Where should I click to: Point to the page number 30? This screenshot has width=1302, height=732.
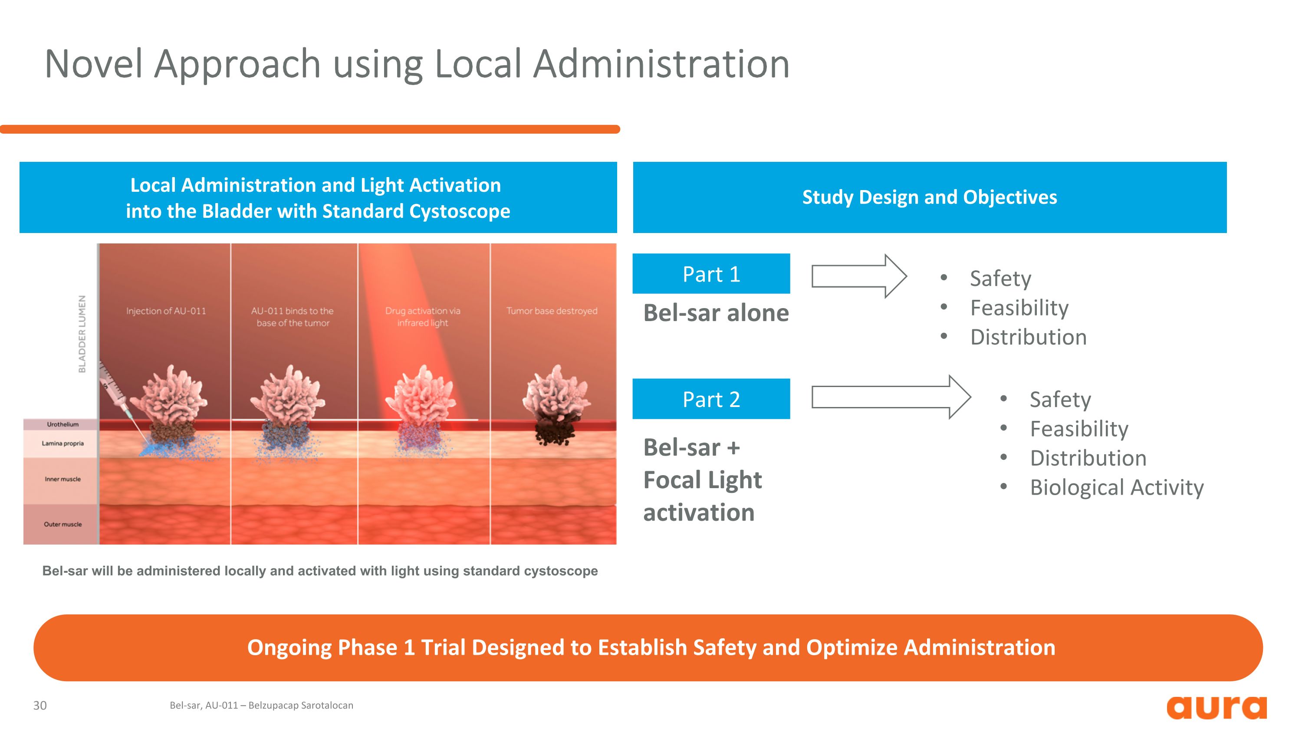pos(40,706)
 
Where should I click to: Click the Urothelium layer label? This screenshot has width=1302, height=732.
pos(62,424)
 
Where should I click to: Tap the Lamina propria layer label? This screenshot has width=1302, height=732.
pos(62,443)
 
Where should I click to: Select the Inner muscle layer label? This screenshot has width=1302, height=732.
pos(62,479)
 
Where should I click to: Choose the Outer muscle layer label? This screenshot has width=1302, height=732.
pos(62,524)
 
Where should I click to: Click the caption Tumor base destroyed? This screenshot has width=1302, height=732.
pos(552,311)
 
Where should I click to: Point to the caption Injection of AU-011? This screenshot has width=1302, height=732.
pos(166,311)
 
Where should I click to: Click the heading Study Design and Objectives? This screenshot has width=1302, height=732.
pos(929,197)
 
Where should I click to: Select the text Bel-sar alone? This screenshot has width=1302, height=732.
pos(716,313)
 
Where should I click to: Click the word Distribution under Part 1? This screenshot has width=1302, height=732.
pos(1028,337)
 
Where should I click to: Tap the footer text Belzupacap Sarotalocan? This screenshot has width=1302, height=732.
pos(300,705)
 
